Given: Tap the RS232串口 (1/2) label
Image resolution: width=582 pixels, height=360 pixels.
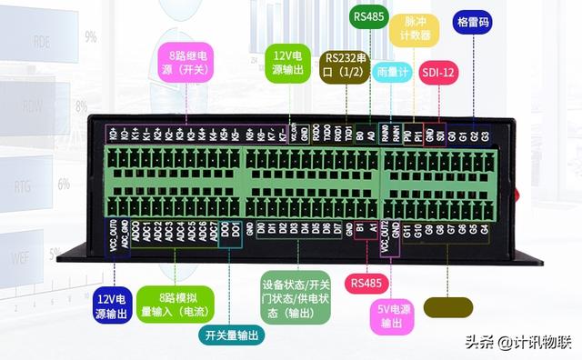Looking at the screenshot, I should (344, 65).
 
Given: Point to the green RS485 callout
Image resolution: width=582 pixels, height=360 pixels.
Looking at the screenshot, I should (368, 16).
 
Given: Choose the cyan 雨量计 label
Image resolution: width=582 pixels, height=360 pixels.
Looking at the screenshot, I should (392, 71).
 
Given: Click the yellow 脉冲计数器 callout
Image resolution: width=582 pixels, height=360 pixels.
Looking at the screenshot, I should (414, 34).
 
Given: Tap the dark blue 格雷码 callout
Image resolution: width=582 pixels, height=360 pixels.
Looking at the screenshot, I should (472, 21).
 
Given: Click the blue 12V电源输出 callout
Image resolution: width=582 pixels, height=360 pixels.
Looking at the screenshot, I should (115, 305).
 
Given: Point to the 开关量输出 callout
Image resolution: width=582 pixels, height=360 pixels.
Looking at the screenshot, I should (230, 335).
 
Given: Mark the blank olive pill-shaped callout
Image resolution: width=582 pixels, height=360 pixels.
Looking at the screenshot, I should (447, 306).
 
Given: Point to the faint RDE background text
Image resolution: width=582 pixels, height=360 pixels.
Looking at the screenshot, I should (42, 41).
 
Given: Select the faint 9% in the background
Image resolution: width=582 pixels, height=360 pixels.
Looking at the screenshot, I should (90, 37).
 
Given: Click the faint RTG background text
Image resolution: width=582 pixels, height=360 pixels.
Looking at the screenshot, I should (26, 187).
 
